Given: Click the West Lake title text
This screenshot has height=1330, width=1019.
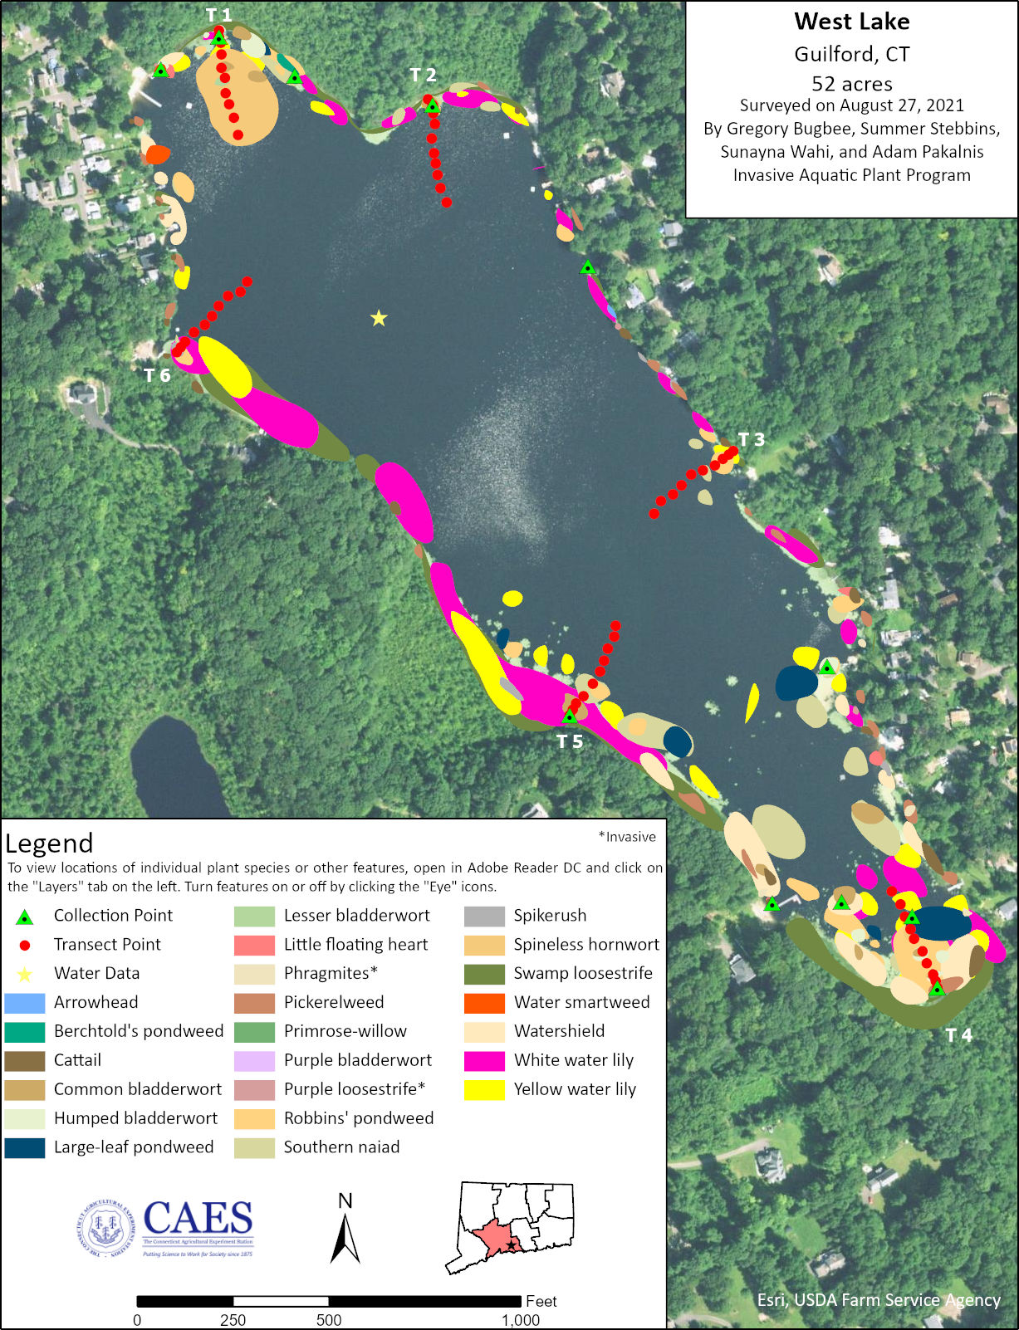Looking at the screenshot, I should coord(851,22).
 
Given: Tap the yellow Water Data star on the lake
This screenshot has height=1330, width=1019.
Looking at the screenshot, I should coord(379,318).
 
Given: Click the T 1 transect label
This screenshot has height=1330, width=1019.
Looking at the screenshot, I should coord(218,15).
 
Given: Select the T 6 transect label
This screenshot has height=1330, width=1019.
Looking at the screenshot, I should coord(156,375).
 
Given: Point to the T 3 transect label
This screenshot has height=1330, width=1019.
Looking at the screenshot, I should coord(751,439).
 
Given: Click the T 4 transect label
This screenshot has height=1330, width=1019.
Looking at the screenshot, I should coord(958,1034).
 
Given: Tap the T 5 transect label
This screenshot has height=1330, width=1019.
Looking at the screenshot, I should coord(570,741).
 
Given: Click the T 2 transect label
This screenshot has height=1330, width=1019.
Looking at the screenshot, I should coord(423,76).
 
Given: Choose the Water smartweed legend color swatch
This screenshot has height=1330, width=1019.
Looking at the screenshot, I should coord(484,1002).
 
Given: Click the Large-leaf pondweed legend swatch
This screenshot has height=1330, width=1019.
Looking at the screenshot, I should coord(25,1147).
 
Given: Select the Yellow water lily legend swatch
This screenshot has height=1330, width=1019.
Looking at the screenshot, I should coord(484,1089).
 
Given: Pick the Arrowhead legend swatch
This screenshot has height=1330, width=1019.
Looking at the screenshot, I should coord(25,1002).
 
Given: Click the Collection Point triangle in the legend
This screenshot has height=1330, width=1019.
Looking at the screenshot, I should coord(25,917).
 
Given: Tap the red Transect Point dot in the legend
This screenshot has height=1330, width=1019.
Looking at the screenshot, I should coord(25,945).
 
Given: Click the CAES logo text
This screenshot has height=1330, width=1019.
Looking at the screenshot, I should coord(198,1220).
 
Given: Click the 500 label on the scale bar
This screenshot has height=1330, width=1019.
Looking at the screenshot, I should coord(329,1320).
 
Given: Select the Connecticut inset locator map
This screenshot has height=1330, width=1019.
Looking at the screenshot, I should coord(509,1227).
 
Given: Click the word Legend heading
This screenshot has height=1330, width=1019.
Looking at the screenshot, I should coord(49,843).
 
